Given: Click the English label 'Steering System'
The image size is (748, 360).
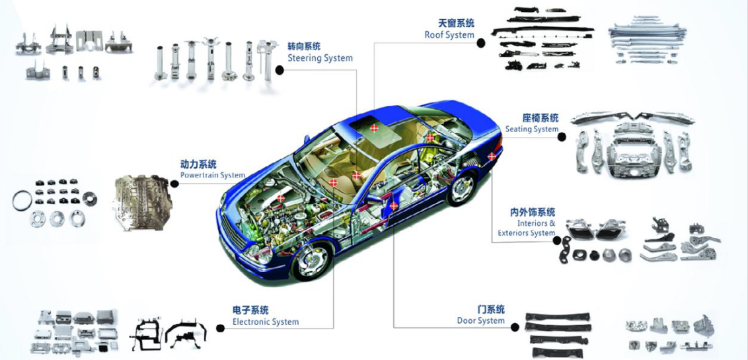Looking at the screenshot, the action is (320, 58).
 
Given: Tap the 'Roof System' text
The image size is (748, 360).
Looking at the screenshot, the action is (449, 35).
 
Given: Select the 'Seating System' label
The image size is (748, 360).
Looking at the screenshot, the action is (531, 129).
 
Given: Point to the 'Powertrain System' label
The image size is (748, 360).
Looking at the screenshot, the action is (212, 175).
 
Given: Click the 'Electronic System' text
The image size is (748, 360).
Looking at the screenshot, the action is (266, 322).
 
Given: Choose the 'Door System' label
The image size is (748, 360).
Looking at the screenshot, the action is (481, 320).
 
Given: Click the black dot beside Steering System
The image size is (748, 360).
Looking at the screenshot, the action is (280, 71).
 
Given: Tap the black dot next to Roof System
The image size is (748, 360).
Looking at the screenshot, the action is (481, 43).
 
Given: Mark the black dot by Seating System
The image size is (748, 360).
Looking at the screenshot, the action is (562, 137).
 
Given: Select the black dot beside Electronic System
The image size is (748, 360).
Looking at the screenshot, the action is (220, 328).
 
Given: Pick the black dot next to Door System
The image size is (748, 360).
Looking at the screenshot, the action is (514, 327).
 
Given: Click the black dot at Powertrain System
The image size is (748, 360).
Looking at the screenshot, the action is (174, 183).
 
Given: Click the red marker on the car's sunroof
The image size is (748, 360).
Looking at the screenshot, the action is (374, 127).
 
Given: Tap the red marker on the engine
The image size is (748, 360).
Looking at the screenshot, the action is (281, 198).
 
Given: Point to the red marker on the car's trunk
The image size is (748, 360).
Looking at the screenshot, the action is (492, 157).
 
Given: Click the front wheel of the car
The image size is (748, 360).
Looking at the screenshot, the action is (310, 260).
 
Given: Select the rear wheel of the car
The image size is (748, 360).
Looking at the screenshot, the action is (461, 188).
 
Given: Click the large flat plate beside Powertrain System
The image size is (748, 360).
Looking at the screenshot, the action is (141, 201).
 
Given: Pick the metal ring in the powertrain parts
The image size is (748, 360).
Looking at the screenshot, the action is (22, 201).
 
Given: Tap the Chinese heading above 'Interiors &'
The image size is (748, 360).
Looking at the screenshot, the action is (533, 213).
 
